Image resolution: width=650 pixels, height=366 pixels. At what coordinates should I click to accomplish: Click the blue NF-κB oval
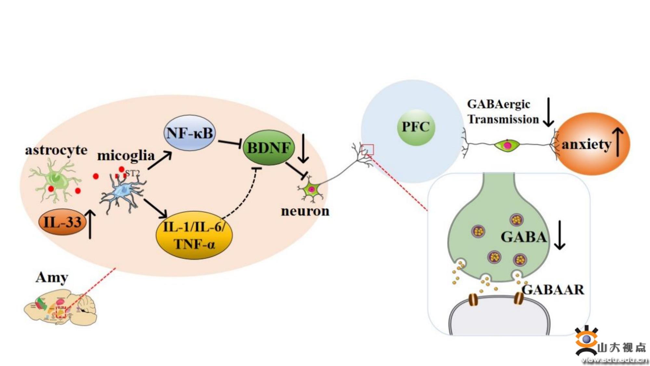189,133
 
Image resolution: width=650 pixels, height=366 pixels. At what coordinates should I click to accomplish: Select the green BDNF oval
268,148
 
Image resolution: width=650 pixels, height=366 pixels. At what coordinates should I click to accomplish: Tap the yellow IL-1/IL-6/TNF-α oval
194,235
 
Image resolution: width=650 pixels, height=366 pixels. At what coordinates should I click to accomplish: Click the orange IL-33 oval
62,222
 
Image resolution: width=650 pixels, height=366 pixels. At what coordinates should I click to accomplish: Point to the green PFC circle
416,127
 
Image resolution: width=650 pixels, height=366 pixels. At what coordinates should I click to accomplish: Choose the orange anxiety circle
593,144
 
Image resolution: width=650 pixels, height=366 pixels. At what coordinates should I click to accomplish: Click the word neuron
305,211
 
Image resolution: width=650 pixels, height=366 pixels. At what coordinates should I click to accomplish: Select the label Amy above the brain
52,278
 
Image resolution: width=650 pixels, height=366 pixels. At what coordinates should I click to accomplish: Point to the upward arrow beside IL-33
90,224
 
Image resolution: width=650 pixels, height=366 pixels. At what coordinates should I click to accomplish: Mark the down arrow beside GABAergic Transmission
548,112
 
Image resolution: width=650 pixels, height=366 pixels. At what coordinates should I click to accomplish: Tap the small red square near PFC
368,150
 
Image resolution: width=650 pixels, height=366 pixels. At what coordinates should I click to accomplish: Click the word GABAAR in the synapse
553,290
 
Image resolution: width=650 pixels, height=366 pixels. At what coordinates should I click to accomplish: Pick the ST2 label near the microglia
132,173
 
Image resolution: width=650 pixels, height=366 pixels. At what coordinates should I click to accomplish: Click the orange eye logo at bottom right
587,340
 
